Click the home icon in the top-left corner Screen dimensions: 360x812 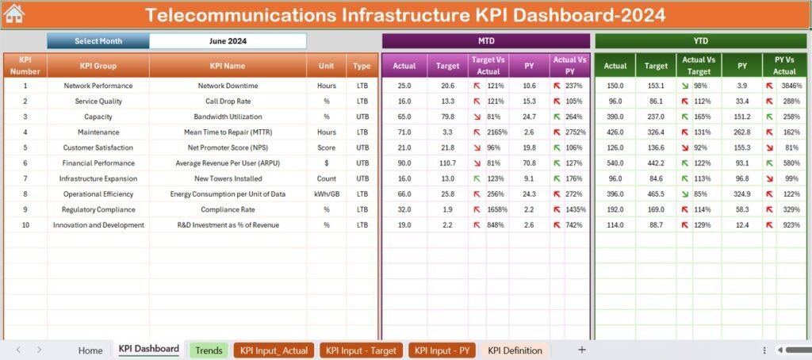14,14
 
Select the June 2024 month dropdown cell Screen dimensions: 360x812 228,41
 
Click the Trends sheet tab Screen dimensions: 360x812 209,350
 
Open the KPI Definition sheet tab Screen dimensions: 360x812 515,350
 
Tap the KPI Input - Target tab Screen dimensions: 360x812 361,350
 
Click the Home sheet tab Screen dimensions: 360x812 90,350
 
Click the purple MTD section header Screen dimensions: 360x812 486,41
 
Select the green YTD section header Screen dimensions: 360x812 700,41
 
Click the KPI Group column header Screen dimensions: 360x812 98,67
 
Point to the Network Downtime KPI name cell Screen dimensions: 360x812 228,86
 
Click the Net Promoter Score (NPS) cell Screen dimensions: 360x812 228,147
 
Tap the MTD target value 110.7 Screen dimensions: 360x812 448,163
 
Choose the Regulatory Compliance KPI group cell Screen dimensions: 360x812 98,209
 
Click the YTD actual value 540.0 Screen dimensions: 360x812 615,163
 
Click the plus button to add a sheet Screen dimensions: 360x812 582,350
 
